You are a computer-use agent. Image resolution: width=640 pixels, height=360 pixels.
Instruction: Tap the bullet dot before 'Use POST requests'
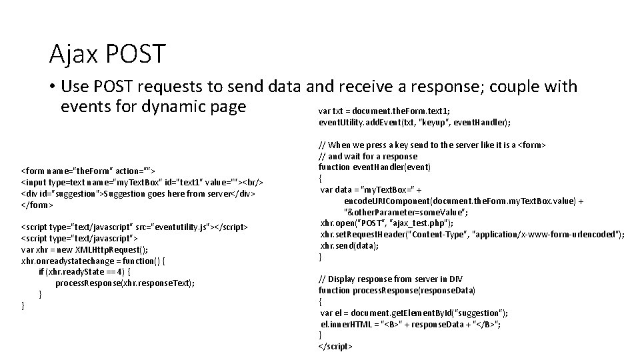(x=51, y=87)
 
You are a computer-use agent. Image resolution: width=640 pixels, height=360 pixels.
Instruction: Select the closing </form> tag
(x=37, y=204)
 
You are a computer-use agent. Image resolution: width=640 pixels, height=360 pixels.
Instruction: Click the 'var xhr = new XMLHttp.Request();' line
(x=85, y=249)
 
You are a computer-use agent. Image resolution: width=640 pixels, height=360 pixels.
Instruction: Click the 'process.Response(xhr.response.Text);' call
(x=125, y=283)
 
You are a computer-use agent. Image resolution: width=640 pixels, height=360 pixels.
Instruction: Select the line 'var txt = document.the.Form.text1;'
(x=384, y=111)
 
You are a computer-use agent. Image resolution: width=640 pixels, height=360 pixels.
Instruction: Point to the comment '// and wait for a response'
(x=367, y=156)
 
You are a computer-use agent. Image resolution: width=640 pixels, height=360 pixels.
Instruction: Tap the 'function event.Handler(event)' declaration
(x=375, y=167)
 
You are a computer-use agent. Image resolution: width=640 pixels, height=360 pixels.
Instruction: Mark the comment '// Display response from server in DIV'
(x=391, y=279)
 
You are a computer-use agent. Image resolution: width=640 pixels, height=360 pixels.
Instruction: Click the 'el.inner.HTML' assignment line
(x=410, y=324)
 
